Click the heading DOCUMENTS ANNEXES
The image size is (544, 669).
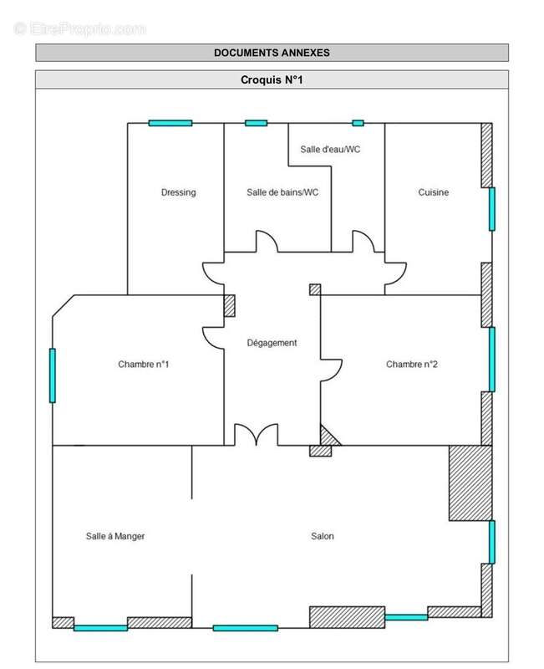pyautogui.click(x=272, y=53)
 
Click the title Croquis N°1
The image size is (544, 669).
pyautogui.click(x=272, y=80)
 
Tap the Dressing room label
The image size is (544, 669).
pyautogui.click(x=178, y=192)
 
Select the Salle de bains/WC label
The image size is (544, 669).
pyautogui.click(x=282, y=192)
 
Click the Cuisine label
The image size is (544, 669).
pyautogui.click(x=433, y=192)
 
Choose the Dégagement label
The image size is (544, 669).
pyautogui.click(x=272, y=343)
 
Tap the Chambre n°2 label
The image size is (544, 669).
pyautogui.click(x=412, y=364)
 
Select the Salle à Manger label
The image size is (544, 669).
pyautogui.click(x=115, y=536)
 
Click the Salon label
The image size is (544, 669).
pyautogui.click(x=322, y=536)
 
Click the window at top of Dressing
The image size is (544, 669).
pyautogui.click(x=170, y=123)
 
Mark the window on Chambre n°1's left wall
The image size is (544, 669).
pyautogui.click(x=53, y=375)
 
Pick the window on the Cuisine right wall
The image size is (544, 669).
pyautogui.click(x=491, y=209)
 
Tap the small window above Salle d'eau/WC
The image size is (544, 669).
pyautogui.click(x=358, y=123)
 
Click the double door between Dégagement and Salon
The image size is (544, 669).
pyautogui.click(x=256, y=436)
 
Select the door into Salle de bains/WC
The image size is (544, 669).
pyautogui.click(x=267, y=242)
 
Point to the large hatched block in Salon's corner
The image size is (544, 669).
pyautogui.click(x=470, y=483)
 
